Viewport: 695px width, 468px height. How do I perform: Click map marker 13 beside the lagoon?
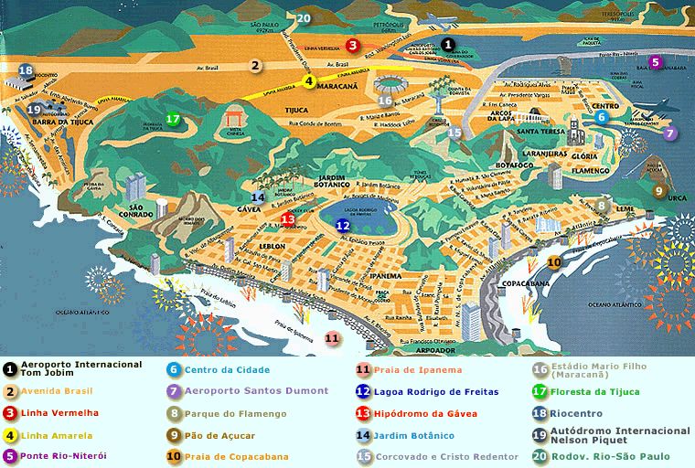tap(287, 218)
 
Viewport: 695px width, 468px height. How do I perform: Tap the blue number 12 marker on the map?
tap(343, 225)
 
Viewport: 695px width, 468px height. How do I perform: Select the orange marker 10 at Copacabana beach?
tap(554, 263)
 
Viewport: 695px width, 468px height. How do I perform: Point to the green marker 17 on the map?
tap(173, 118)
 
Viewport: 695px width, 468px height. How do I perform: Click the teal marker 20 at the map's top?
tap(304, 17)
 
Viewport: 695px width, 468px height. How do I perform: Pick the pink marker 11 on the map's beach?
tap(333, 338)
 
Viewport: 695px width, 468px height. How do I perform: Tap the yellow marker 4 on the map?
tap(309, 80)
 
